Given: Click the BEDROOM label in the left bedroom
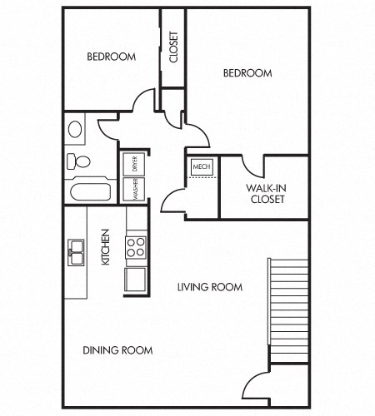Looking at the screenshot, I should (112, 57).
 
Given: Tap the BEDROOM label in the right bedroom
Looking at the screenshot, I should (247, 73).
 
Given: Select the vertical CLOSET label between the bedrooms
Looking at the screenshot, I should (173, 47).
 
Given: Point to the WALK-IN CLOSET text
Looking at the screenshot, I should (265, 194).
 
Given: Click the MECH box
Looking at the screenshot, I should (202, 167).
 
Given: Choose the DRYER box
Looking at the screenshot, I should (133, 164).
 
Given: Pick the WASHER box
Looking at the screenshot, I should (133, 191).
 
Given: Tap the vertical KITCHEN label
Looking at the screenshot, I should (106, 247).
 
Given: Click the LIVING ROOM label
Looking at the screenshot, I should (209, 287).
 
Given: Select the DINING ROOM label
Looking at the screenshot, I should (117, 350).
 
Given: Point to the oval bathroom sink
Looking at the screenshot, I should (75, 130).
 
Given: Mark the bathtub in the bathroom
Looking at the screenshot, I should (91, 193).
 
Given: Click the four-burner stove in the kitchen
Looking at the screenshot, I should (136, 245).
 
